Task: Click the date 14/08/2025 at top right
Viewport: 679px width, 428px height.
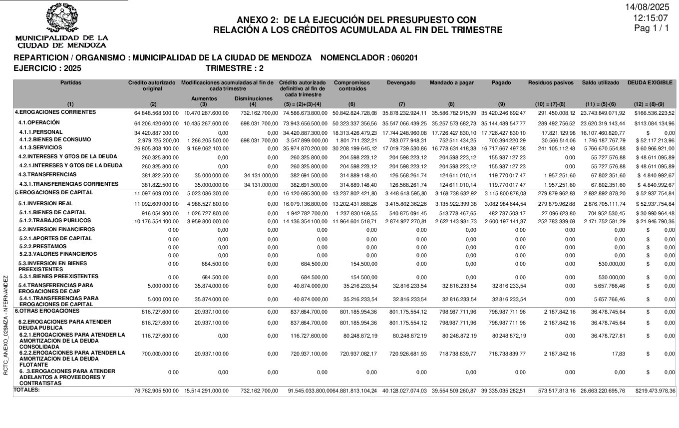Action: click(647, 7)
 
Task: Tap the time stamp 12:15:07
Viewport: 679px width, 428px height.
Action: click(651, 17)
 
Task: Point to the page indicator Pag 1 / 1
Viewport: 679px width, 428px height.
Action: click(651, 28)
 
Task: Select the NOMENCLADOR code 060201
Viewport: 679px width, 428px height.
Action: click(404, 58)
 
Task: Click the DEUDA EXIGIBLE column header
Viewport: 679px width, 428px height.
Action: click(650, 83)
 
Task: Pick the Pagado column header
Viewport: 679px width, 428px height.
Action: click(501, 83)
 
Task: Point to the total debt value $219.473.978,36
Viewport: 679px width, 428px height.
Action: click(655, 391)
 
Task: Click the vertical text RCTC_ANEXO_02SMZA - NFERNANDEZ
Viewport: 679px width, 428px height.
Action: click(5, 325)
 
